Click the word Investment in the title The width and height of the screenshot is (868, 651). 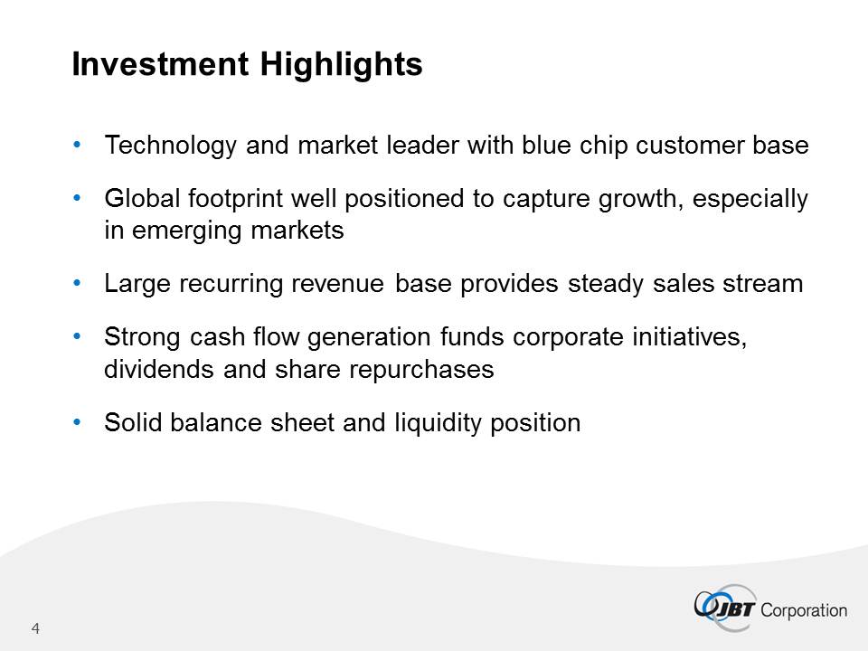[161, 63]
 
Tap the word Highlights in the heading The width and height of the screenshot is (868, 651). [342, 65]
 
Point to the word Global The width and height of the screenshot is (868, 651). [142, 198]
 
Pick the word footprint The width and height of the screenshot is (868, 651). [235, 198]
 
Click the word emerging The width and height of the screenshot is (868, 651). [186, 231]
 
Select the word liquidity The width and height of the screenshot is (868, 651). [439, 423]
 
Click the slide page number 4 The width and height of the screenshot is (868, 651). [35, 628]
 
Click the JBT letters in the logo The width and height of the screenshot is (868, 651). [735, 609]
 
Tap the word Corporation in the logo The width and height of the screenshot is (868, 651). [804, 610]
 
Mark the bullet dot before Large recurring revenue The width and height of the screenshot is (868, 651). [77, 283]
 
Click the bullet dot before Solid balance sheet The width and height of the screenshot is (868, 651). [77, 422]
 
